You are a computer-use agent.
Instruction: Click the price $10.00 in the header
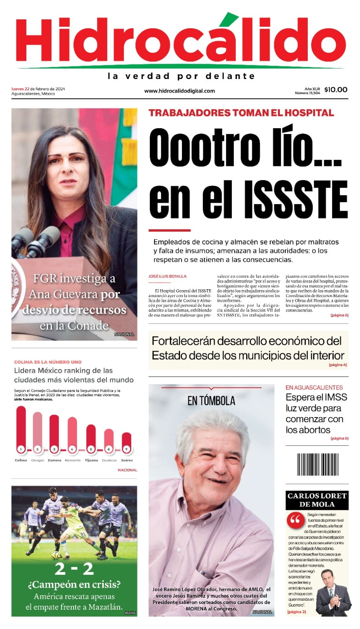pyautogui.click(x=336, y=90)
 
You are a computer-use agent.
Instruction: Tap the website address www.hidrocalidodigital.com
pyautogui.click(x=180, y=91)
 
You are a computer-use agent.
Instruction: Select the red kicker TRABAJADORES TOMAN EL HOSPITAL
pyautogui.click(x=241, y=113)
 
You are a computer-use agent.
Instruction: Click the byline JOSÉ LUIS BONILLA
pyautogui.click(x=167, y=276)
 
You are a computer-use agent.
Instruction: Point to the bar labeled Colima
pyautogui.click(x=21, y=429)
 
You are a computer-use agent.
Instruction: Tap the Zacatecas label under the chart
pyautogui.click(x=109, y=460)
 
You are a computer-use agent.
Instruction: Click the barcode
pyautogui.click(x=317, y=465)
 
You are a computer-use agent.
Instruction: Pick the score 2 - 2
pyautogui.click(x=74, y=568)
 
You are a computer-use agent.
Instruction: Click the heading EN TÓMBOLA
pyautogui.click(x=211, y=401)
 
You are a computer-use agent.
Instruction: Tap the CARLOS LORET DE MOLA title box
pyautogui.click(x=317, y=500)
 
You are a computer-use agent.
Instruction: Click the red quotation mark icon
pyautogui.click(x=295, y=520)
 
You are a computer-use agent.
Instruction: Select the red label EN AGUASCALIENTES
pyautogui.click(x=314, y=387)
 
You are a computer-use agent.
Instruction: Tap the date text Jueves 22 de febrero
pyautogui.click(x=38, y=89)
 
